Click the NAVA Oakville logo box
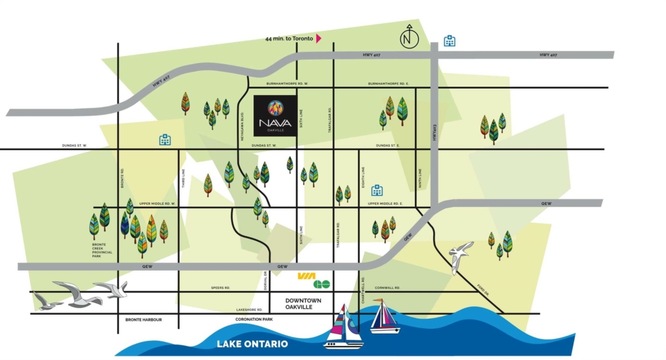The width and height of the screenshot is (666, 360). [x=275, y=116]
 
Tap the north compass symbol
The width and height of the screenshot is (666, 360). [x=409, y=38]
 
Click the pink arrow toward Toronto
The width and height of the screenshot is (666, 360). [x=319, y=39]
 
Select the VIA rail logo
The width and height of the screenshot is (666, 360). [x=305, y=276]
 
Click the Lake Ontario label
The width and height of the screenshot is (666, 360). [x=253, y=344]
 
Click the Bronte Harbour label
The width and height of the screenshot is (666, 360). [x=144, y=320]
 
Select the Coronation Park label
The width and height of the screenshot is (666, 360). [x=255, y=320]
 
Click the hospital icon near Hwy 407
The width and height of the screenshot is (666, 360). [x=449, y=41]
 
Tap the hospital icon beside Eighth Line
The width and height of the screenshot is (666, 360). [x=377, y=190]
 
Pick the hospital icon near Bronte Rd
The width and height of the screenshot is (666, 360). [x=165, y=140]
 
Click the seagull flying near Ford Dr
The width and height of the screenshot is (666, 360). [x=460, y=255]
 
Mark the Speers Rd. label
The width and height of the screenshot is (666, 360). [x=220, y=288]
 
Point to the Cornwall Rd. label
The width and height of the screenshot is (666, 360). [x=388, y=288]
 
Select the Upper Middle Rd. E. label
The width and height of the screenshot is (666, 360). [x=385, y=204]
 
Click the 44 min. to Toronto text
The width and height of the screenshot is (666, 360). [x=289, y=39]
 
